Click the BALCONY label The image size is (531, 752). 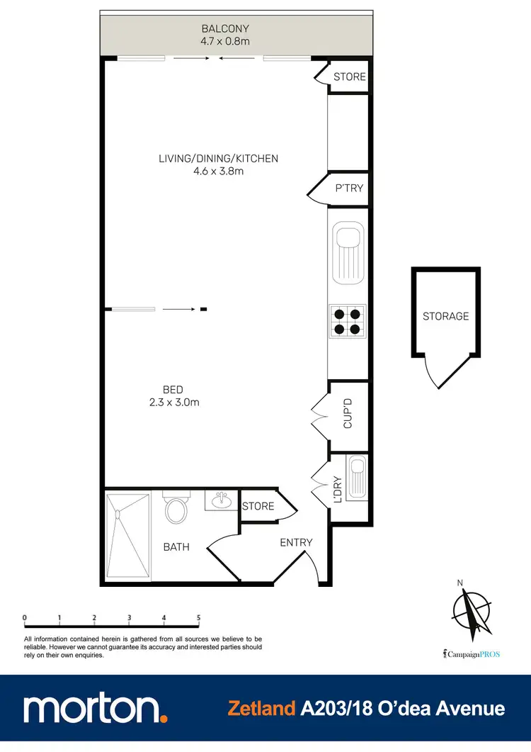(x=225, y=29)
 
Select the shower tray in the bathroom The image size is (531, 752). (x=128, y=536)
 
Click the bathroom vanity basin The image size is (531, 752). (x=222, y=501)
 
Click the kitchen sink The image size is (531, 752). (x=348, y=252)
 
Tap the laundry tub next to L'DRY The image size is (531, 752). (x=355, y=476)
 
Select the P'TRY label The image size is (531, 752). (x=349, y=189)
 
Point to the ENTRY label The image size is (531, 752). (x=296, y=542)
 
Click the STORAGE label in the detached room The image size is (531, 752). (x=445, y=316)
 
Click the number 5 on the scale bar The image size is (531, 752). (x=198, y=618)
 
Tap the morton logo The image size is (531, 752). (x=96, y=708)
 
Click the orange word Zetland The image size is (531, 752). (x=261, y=708)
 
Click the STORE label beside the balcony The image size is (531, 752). (x=349, y=77)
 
